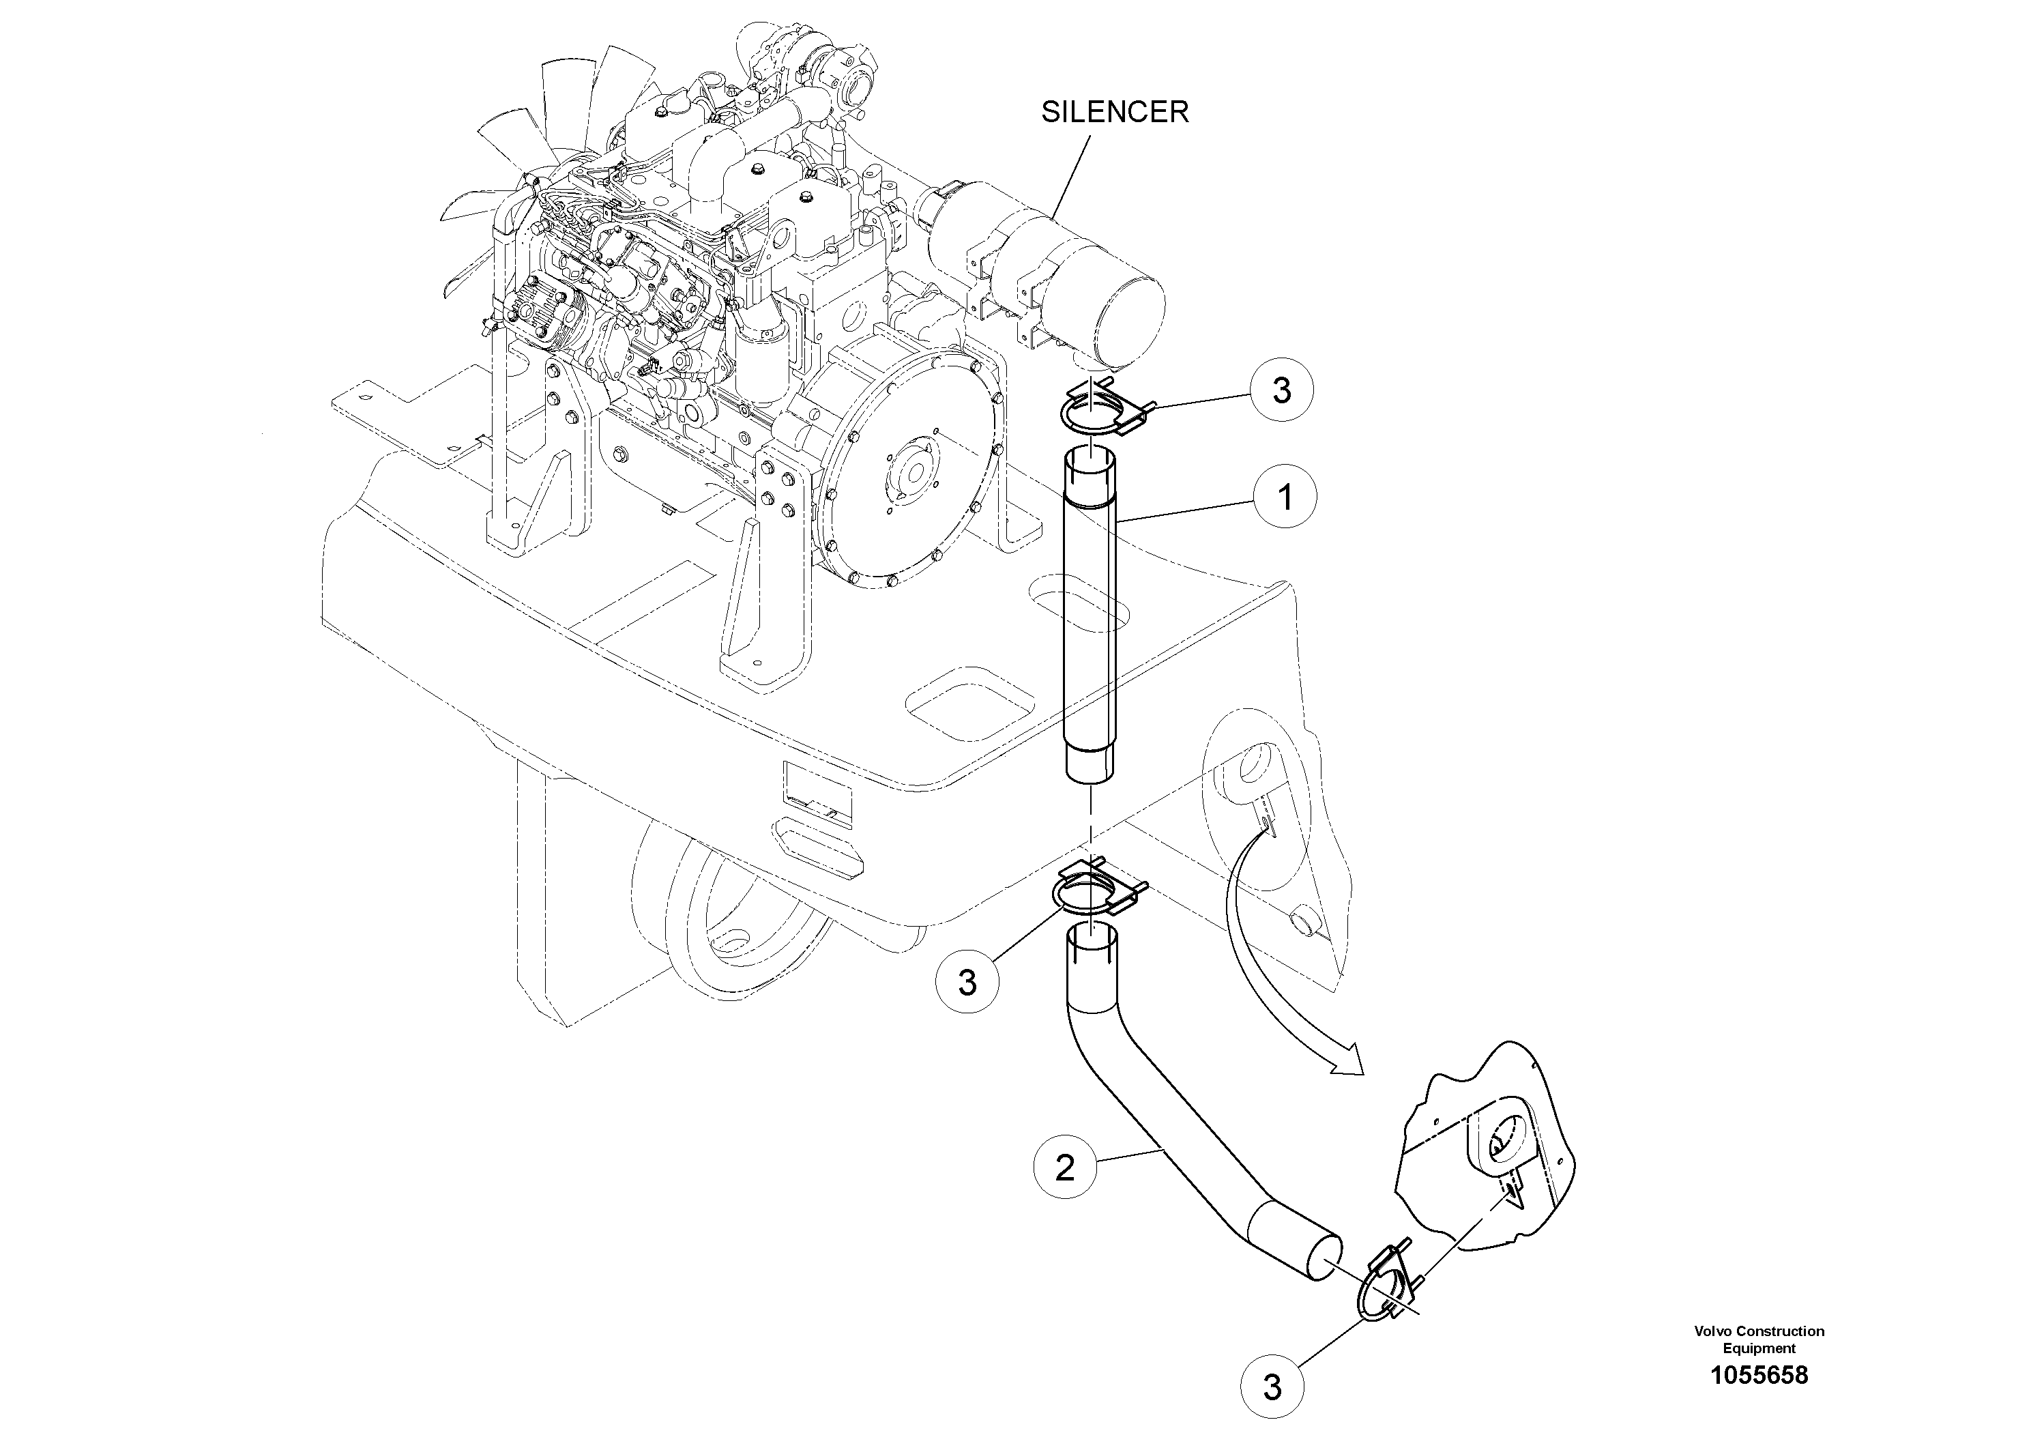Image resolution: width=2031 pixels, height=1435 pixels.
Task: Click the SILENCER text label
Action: pyautogui.click(x=1115, y=113)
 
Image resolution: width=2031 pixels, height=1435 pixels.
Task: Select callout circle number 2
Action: pyautogui.click(x=1065, y=1168)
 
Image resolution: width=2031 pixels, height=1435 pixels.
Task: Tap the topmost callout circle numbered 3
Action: pyautogui.click(x=1282, y=390)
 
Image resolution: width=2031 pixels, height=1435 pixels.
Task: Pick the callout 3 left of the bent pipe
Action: pyautogui.click(x=967, y=981)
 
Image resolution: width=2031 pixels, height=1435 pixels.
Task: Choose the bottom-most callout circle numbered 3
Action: pyautogui.click(x=1272, y=1387)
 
